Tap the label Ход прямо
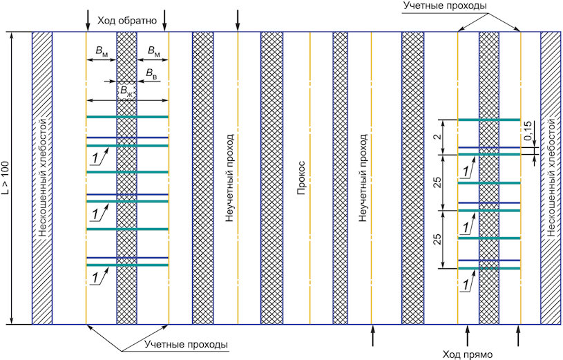coord(467,354)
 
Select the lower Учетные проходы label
coord(187,343)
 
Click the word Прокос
coord(301,178)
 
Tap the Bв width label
coord(150,72)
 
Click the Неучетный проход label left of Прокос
coord(229,178)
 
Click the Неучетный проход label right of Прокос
coord(361,178)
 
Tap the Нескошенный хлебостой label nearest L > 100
coord(42,178)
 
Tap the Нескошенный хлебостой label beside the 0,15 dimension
coord(551,178)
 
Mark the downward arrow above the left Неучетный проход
coord(238,21)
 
